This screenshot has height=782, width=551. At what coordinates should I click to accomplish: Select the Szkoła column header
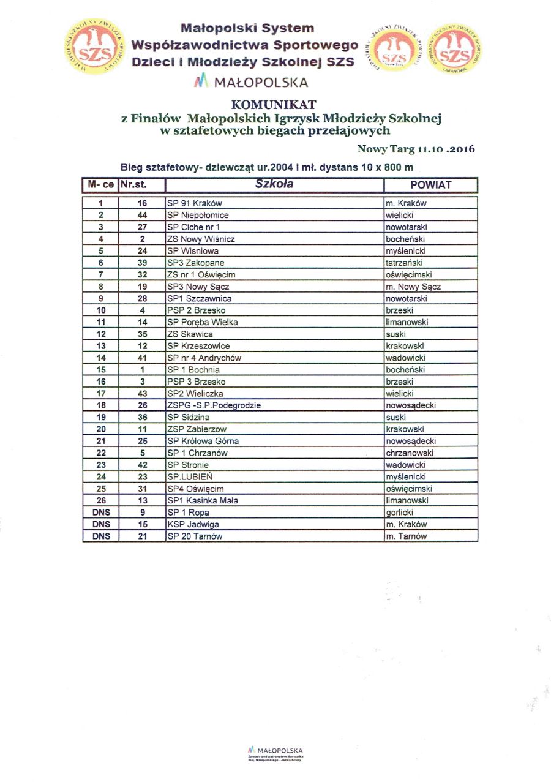[274, 184]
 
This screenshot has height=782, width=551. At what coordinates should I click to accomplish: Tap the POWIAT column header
[430, 184]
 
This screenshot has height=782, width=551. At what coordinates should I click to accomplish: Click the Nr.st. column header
[133, 184]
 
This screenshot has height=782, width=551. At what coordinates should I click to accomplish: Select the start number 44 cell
[142, 215]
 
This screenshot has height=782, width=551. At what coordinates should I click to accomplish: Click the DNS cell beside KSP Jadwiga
[100, 524]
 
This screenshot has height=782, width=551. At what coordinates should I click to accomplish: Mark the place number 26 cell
[100, 500]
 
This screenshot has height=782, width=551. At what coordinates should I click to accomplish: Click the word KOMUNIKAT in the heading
[274, 105]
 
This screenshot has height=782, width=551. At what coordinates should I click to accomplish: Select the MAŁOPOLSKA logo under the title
[251, 82]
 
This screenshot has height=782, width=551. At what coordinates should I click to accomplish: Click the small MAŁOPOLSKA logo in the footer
[275, 751]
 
